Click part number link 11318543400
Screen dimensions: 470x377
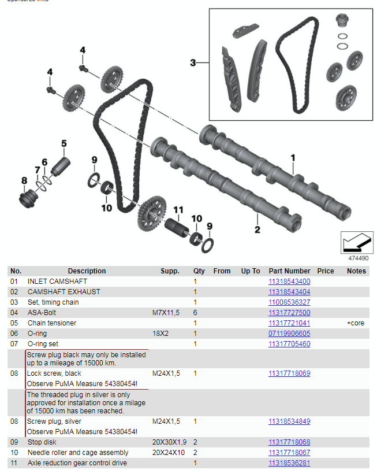[289, 282]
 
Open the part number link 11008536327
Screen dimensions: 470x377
[289, 302]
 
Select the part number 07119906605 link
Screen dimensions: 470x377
[289, 334]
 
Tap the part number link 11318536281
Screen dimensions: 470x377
[289, 463]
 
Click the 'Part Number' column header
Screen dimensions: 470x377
[289, 271]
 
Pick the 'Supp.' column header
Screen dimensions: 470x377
[170, 271]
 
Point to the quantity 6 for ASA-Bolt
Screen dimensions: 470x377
[195, 313]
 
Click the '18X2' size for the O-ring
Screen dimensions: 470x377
[161, 334]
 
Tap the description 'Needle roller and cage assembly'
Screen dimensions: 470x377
[78, 453]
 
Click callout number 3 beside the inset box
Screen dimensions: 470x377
[193, 62]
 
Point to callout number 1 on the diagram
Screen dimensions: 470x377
[293, 157]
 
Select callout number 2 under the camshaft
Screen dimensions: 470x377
[257, 230]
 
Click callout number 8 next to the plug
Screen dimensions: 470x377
[24, 181]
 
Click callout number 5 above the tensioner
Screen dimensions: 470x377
[64, 143]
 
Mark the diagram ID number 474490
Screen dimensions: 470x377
[358, 258]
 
